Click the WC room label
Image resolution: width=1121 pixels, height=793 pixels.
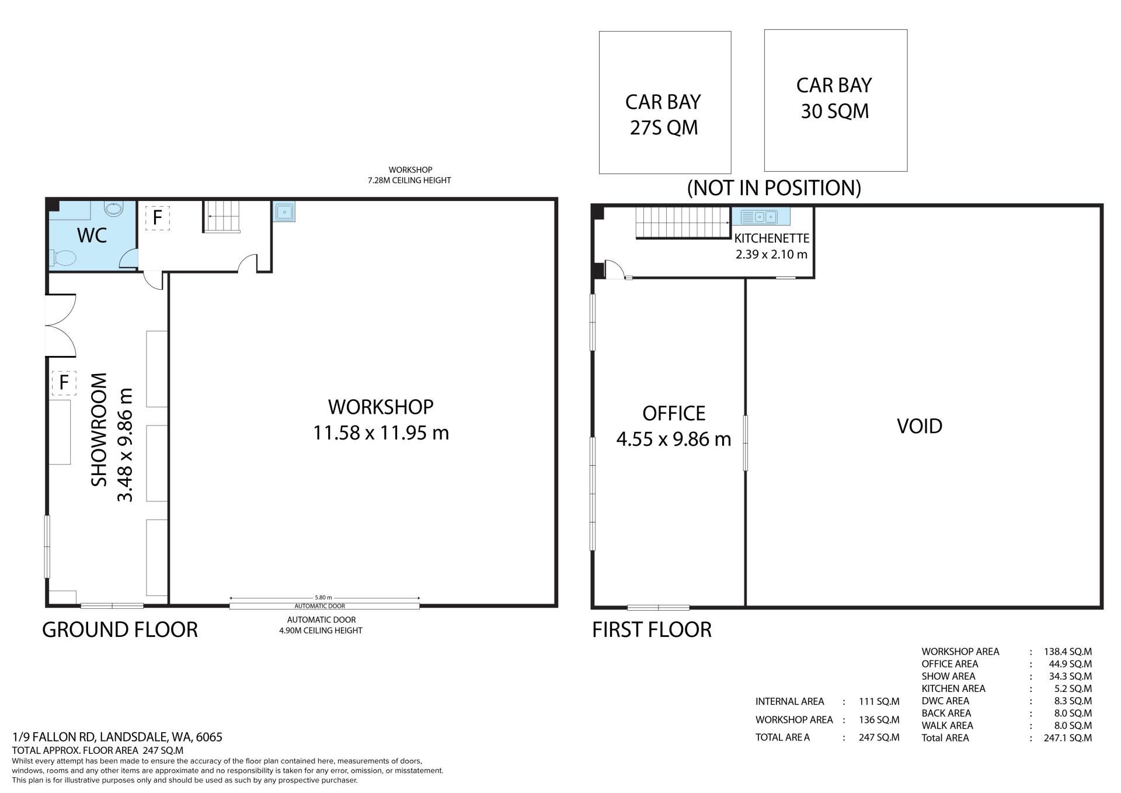tap(92, 235)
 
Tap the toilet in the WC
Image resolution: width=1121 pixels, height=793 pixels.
tap(64, 258)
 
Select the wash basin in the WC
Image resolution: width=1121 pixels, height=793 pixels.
tap(113, 209)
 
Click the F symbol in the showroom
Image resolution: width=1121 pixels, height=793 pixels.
tap(64, 383)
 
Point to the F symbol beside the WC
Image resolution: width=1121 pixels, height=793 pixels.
tap(157, 218)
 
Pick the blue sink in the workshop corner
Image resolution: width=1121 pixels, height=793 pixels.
tap(284, 211)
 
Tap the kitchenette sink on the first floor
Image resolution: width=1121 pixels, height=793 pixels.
tap(761, 217)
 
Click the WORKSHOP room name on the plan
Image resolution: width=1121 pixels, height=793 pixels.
tap(381, 407)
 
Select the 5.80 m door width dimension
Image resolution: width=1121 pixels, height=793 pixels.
tap(323, 597)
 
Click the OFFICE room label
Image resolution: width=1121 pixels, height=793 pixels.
tap(674, 414)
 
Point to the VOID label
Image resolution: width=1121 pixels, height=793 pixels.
tap(920, 426)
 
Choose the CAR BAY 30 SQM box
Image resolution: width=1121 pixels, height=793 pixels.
tap(835, 101)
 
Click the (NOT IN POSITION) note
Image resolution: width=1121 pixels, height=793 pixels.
tap(774, 188)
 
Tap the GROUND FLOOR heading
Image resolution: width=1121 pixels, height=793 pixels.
tap(120, 629)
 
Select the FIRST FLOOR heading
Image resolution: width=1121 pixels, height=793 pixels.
tap(652, 629)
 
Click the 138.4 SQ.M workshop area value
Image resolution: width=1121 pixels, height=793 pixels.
tap(1067, 652)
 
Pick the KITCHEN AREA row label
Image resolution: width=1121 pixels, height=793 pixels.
tap(953, 688)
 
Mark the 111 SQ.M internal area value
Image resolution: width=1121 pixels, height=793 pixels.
tap(879, 701)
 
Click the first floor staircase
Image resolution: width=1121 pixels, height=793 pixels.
tap(683, 223)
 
